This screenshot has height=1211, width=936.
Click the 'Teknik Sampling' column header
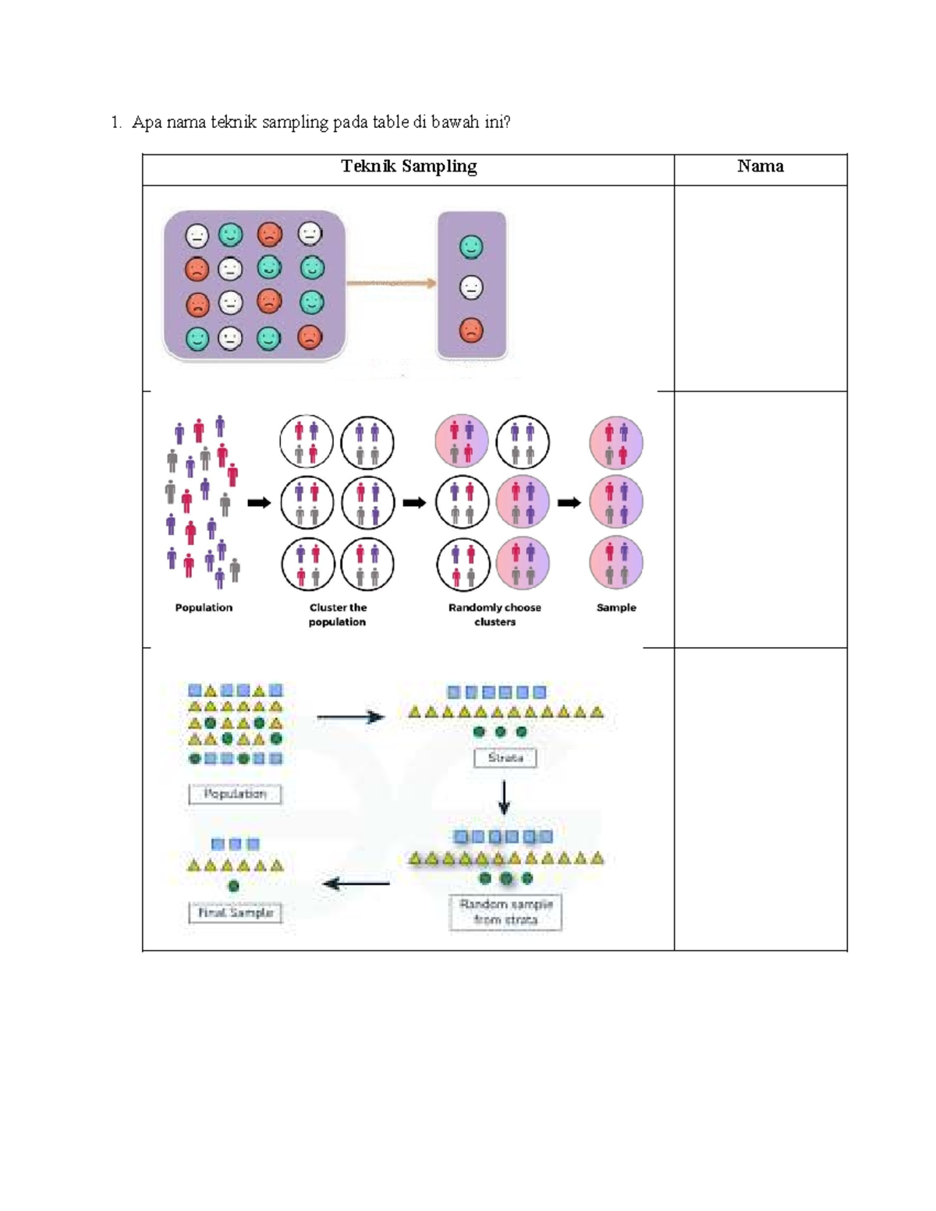click(409, 166)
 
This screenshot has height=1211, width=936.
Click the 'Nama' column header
click(760, 166)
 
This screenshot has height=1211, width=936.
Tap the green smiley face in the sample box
click(471, 247)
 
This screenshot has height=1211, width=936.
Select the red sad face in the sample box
click(471, 330)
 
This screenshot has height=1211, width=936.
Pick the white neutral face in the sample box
click(471, 288)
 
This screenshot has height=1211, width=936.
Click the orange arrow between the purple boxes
click(391, 283)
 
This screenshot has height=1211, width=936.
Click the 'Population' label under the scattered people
click(204, 607)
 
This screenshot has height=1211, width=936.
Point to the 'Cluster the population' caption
click(338, 614)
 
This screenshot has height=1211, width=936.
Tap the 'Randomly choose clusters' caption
click(495, 614)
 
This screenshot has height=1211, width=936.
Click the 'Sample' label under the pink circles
click(616, 607)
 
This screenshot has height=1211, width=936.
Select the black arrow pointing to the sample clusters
click(569, 503)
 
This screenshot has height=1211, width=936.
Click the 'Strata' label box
click(505, 758)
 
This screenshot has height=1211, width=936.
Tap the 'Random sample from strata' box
click(505, 912)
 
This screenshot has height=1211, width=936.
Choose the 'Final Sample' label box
click(235, 912)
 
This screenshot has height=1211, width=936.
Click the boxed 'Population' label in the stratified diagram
click(235, 794)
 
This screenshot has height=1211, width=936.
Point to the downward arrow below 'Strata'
click(504, 797)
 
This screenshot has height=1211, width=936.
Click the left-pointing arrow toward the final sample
click(356, 883)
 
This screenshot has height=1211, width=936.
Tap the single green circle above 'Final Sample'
click(233, 887)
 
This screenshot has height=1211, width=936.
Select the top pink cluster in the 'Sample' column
click(616, 442)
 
